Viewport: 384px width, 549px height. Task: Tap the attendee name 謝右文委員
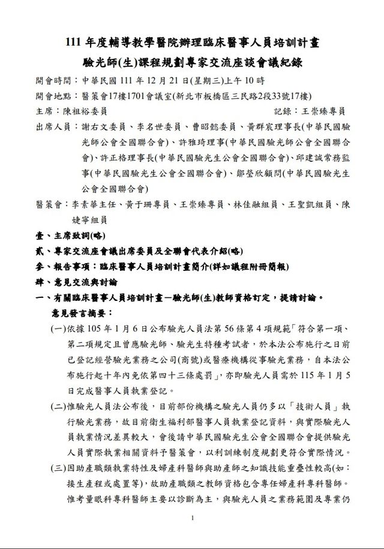[x=103, y=127]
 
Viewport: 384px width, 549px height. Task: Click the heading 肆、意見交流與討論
[x=76, y=281]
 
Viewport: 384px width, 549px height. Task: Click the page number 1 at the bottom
[x=192, y=518]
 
